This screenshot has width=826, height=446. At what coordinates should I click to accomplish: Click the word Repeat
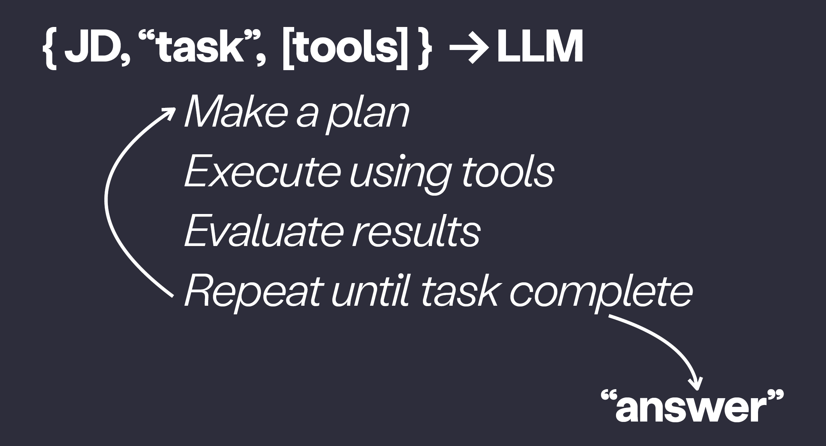point(252,293)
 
